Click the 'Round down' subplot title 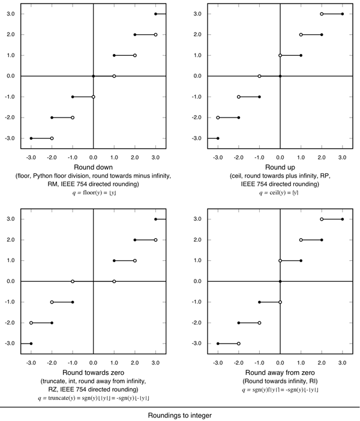point(93,167)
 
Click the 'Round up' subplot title point(280,167)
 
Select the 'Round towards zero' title point(93,372)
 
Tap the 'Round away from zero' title point(280,372)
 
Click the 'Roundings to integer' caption point(180,414)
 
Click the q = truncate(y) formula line point(93,398)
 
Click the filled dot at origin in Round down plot point(94,76)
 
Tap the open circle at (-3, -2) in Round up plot point(218,118)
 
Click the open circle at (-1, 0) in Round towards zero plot point(73,281)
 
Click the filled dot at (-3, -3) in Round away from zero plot point(218,344)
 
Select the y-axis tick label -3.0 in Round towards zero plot point(10,344)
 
